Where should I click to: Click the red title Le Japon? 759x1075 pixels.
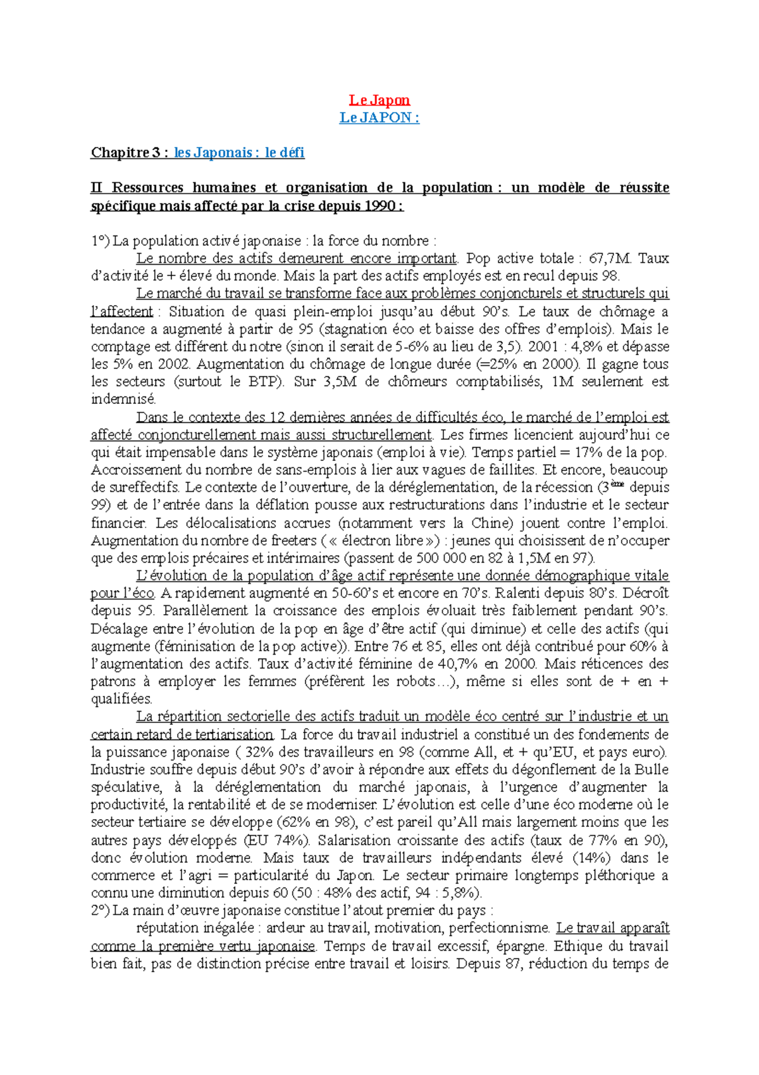point(379,100)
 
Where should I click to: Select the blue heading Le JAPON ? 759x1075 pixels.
point(379,118)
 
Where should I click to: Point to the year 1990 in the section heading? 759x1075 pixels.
point(379,206)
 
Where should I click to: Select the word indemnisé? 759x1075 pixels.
point(123,399)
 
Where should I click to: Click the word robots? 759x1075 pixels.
point(415,682)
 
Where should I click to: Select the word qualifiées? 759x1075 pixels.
point(121,700)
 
